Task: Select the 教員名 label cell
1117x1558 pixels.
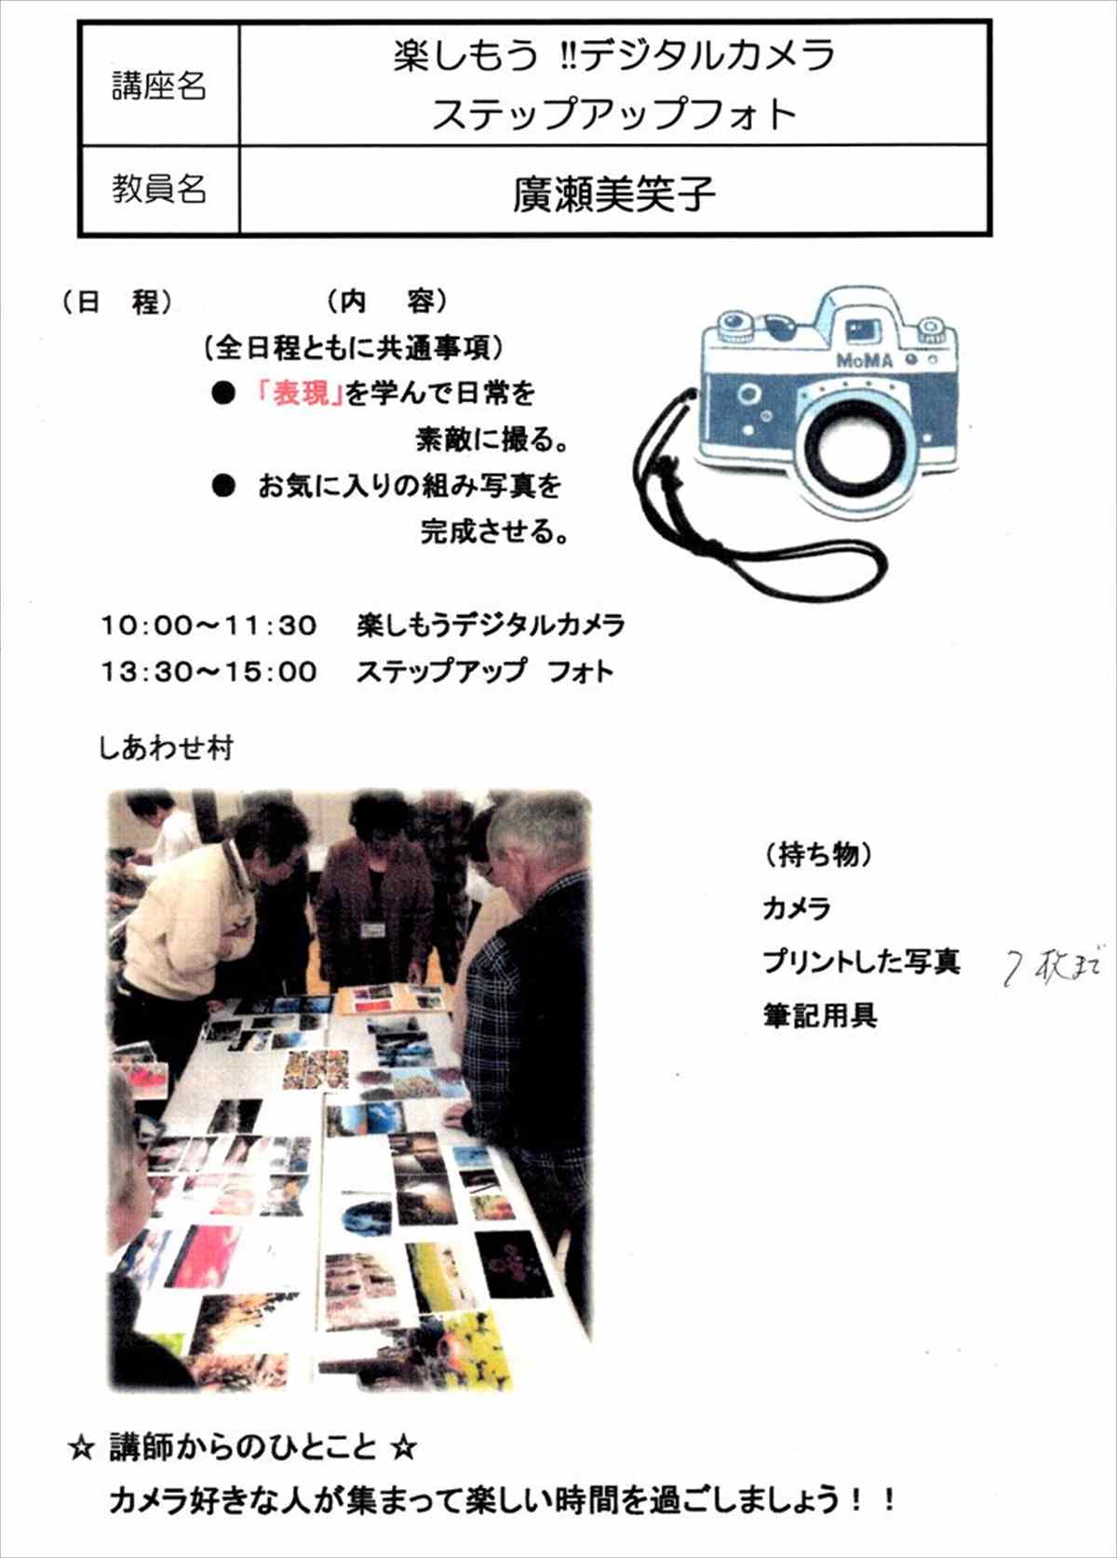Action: [x=159, y=189]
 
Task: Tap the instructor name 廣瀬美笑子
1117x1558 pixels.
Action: [x=614, y=195]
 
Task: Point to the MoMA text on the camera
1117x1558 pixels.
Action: [x=865, y=359]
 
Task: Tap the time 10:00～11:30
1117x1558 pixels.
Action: [x=209, y=625]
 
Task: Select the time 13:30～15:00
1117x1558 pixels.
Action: [x=209, y=672]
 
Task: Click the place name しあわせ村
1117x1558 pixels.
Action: [x=166, y=749]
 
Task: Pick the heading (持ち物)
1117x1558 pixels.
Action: [x=817, y=854]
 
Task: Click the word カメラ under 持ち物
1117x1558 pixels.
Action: [x=797, y=908]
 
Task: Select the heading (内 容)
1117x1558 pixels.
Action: [x=388, y=302]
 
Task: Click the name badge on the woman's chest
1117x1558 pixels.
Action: [x=373, y=932]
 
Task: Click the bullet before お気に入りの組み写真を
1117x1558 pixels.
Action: [x=223, y=486]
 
